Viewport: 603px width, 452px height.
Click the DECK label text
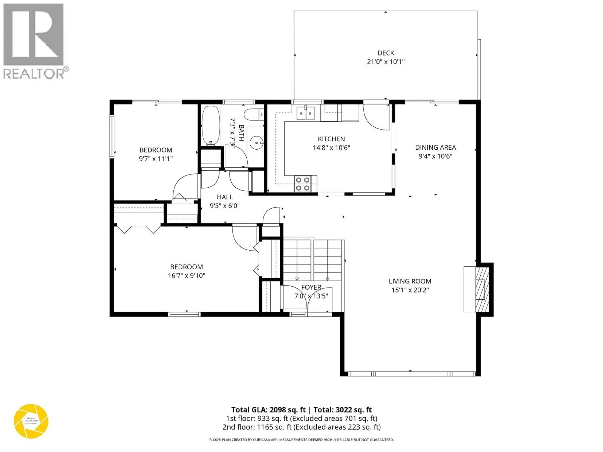pos(386,53)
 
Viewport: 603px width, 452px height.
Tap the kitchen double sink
pos(305,113)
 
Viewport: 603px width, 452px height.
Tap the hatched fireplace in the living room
pos(482,289)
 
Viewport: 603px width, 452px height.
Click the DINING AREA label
pos(435,147)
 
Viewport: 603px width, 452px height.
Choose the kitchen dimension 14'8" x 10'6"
pos(331,148)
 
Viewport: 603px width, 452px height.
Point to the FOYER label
pos(311,287)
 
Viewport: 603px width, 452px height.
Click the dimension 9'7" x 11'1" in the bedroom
pos(156,159)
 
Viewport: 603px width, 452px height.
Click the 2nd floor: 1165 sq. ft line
pos(301,427)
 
